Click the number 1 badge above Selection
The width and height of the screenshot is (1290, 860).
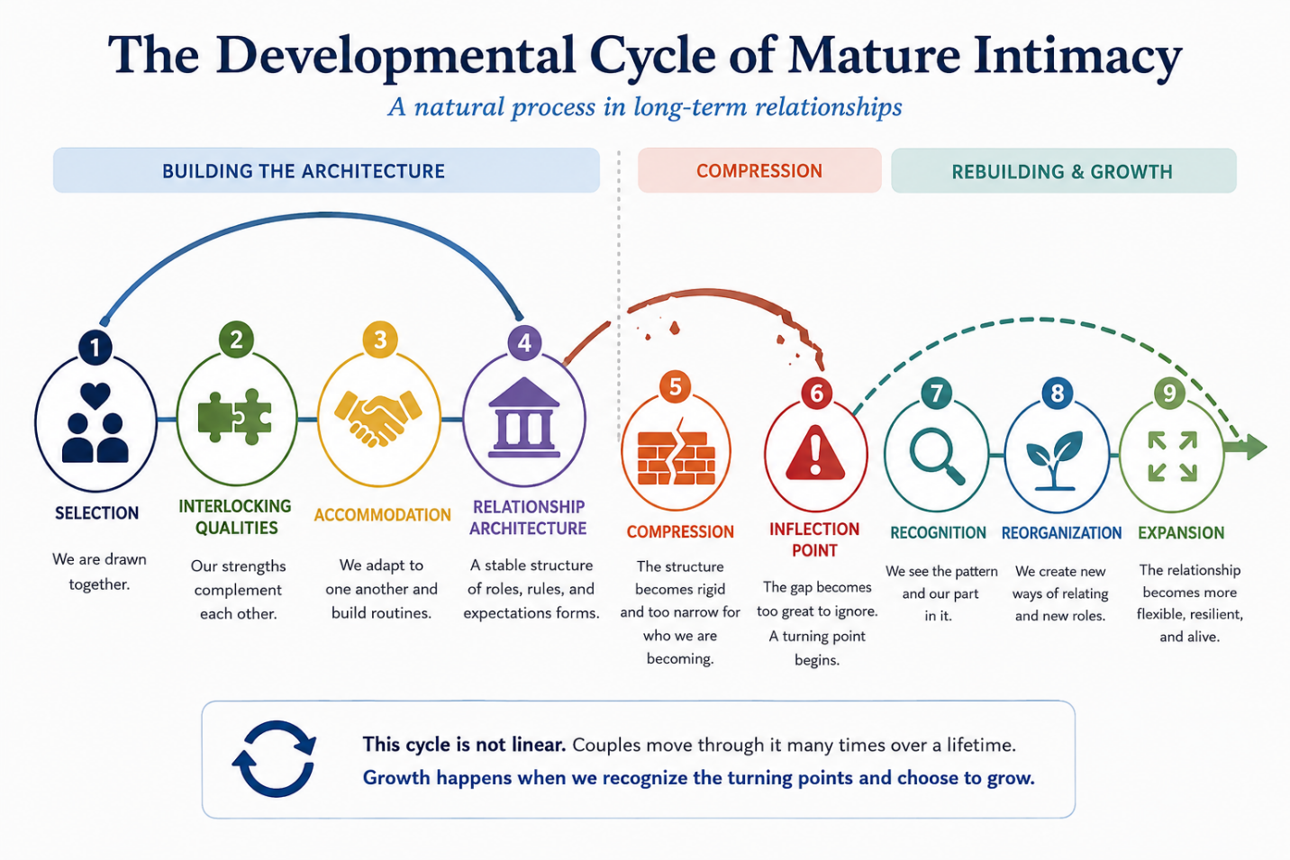tap(95, 347)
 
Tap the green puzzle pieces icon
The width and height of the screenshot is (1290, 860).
tap(234, 417)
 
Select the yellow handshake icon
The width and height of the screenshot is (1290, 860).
tap(378, 419)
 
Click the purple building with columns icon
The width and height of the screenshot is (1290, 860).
tap(524, 418)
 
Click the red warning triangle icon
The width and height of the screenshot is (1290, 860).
tap(815, 454)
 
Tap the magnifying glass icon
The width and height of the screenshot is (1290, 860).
tap(937, 456)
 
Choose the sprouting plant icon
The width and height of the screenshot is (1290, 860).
tap(1055, 460)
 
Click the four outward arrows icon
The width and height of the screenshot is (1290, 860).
tap(1173, 457)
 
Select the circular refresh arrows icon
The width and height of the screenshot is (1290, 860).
tap(275, 758)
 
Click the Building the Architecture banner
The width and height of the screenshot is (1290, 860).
tap(326, 170)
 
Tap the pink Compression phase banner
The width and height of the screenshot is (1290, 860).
tap(759, 170)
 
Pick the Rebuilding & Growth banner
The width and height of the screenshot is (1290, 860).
tap(1064, 171)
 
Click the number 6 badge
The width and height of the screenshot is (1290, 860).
tap(817, 394)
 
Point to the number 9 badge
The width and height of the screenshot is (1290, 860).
tap(1169, 394)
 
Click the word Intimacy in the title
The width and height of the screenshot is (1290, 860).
tap(1077, 57)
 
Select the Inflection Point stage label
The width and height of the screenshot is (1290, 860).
tap(814, 539)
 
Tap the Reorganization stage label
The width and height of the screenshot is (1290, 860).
tap(1061, 533)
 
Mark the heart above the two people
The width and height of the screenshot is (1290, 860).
tap(95, 395)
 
